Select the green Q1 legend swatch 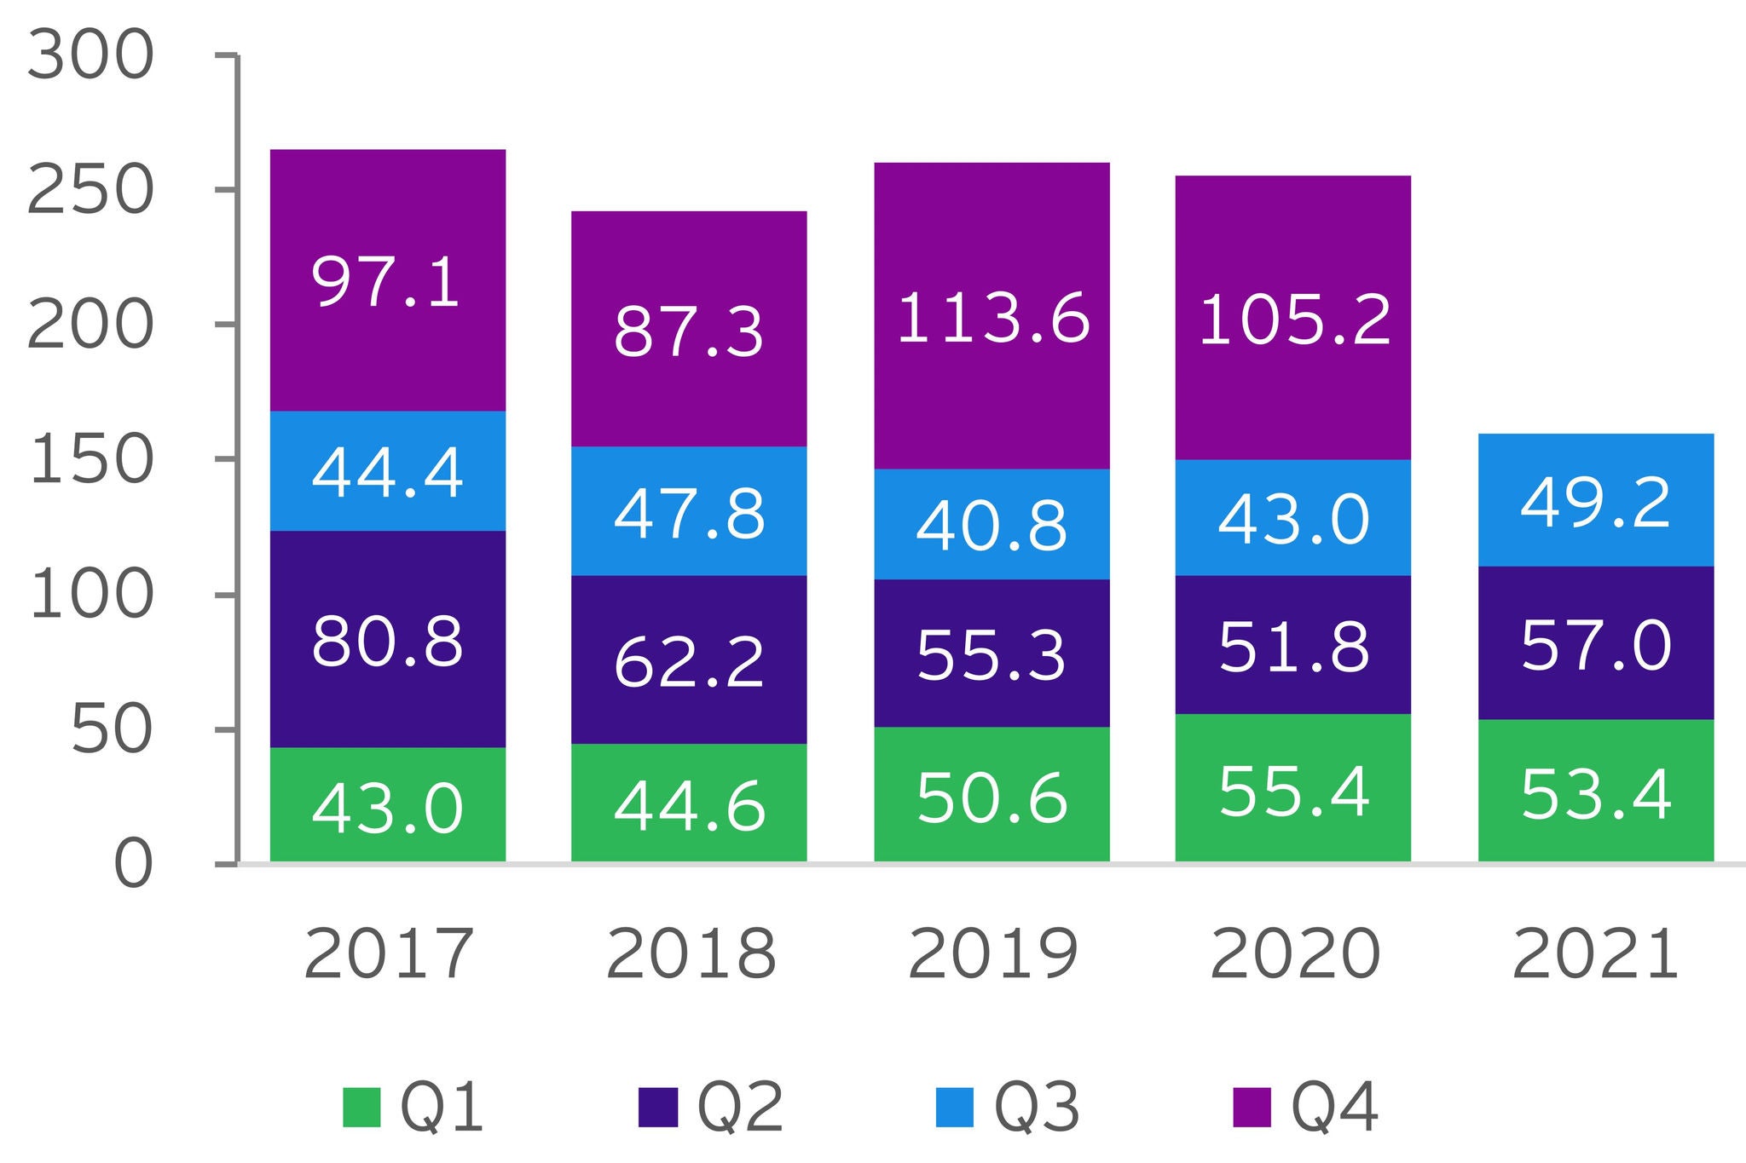361,1107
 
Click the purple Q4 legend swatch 1252,1107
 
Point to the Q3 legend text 1037,1107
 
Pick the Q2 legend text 740,1107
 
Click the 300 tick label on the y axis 90,57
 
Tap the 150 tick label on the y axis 90,461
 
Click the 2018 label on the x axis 691,954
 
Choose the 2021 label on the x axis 1595,954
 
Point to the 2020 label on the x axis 1294,954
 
